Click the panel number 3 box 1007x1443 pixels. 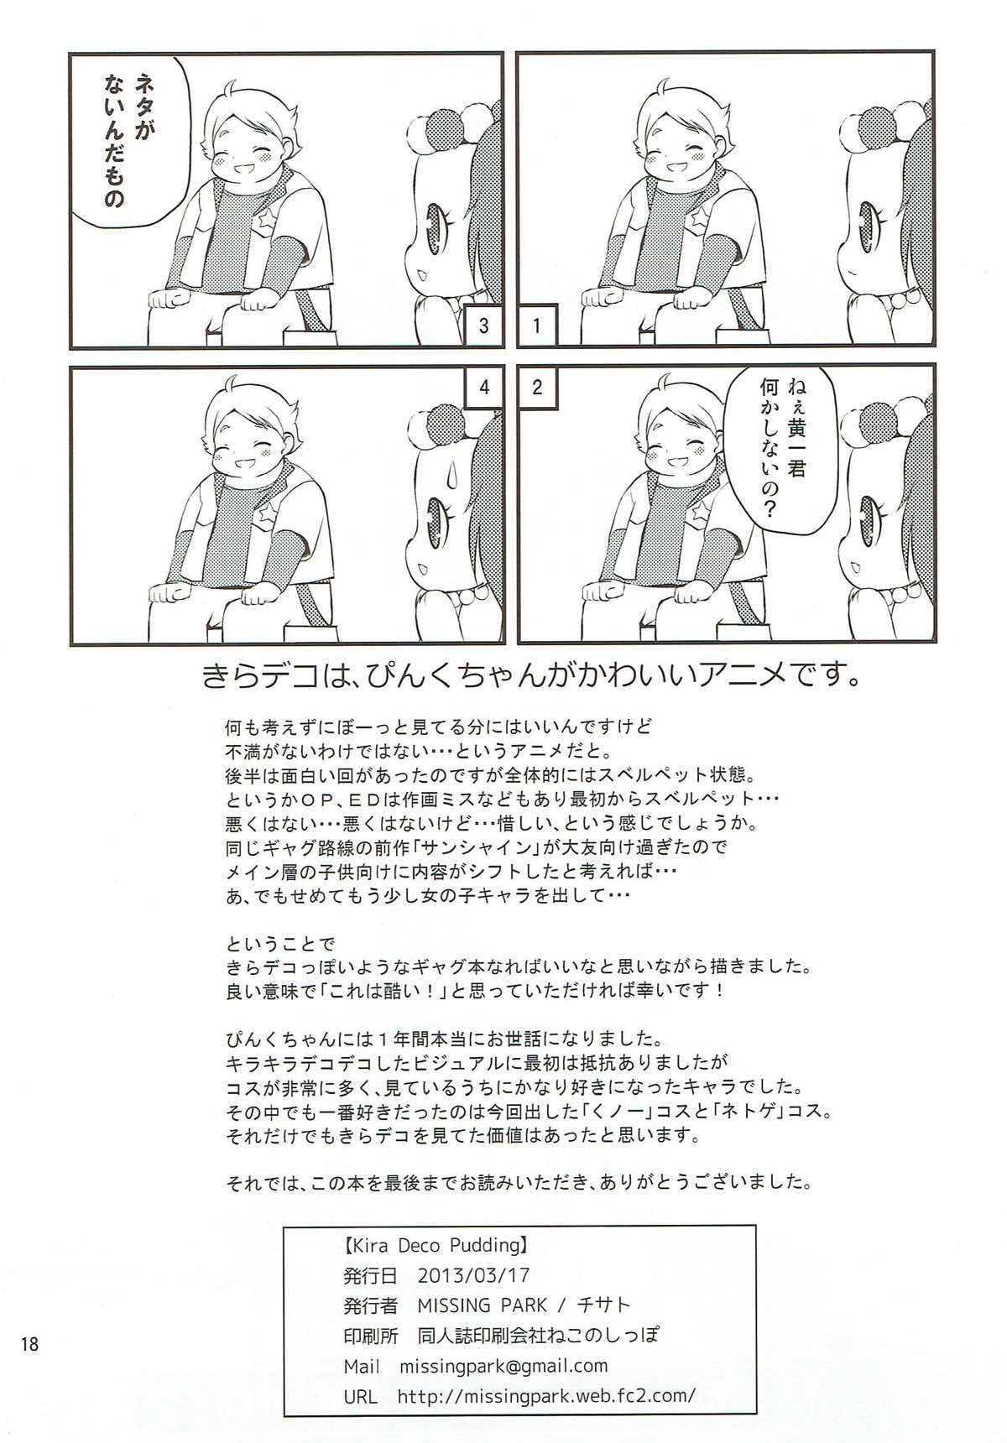click(483, 326)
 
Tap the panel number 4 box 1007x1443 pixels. click(483, 387)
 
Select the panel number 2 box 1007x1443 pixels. click(537, 387)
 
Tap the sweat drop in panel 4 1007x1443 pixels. click(423, 479)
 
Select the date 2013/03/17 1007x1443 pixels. click(473, 1275)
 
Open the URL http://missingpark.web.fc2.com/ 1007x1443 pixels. click(546, 1397)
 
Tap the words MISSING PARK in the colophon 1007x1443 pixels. click(482, 1305)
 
